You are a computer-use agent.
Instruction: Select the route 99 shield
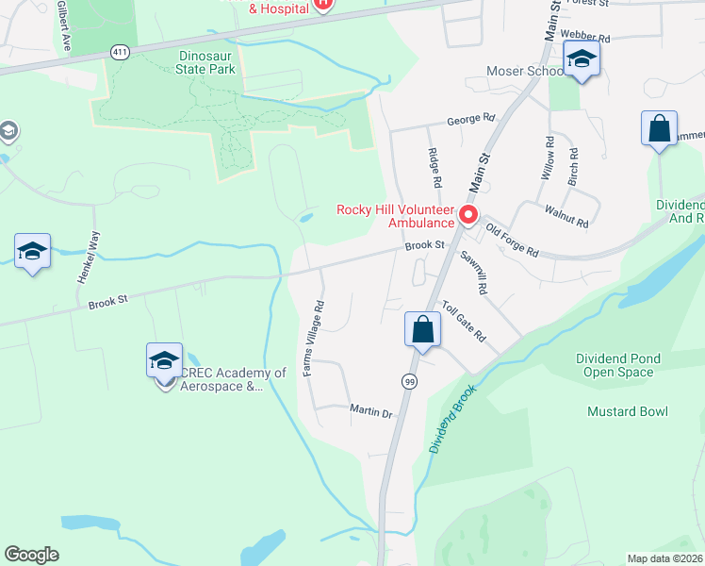pos(409,381)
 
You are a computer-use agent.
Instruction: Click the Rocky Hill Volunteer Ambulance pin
pos(468,216)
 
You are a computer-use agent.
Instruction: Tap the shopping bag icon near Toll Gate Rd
pos(421,330)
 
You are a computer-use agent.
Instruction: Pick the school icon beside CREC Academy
pos(164,361)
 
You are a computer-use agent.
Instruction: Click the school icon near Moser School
pos(582,61)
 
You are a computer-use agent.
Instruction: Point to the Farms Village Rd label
pos(314,339)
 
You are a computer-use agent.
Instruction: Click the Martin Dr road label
pos(370,412)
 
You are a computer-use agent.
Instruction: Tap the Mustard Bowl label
pos(627,411)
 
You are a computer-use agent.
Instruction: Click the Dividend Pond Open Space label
pos(618,365)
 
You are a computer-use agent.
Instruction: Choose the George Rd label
pos(471,120)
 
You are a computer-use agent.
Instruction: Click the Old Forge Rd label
pos(512,241)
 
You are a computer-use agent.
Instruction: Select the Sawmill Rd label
pos(473,273)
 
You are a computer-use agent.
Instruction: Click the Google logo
pos(32,555)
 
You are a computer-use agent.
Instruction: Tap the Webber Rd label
pos(585,36)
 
